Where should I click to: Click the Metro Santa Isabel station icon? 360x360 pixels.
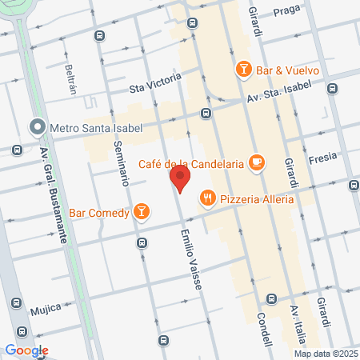click(37, 127)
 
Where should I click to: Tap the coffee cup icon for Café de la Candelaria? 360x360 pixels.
click(256, 162)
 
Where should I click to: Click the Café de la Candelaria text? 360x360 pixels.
click(190, 163)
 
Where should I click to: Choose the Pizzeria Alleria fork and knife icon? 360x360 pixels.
click(207, 197)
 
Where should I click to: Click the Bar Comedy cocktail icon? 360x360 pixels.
click(141, 211)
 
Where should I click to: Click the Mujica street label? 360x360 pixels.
click(46, 308)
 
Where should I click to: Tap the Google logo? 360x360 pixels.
click(26, 350)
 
